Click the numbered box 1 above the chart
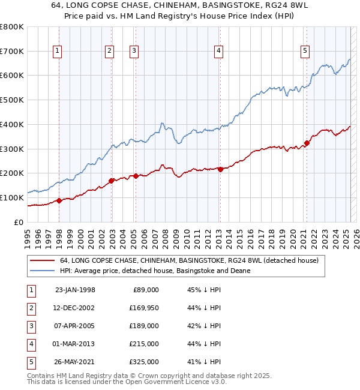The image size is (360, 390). coord(57,52)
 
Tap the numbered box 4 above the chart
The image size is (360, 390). coord(219,52)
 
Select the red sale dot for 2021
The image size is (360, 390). coord(307,143)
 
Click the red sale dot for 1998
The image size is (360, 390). coord(59,200)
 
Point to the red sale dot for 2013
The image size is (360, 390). coord(220,169)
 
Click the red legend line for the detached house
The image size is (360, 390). coord(41,260)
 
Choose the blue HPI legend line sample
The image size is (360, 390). coord(41,271)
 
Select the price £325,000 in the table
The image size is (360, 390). coord(145,362)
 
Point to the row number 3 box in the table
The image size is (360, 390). coord(29,326)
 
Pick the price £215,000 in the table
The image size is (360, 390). coord(145,344)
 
